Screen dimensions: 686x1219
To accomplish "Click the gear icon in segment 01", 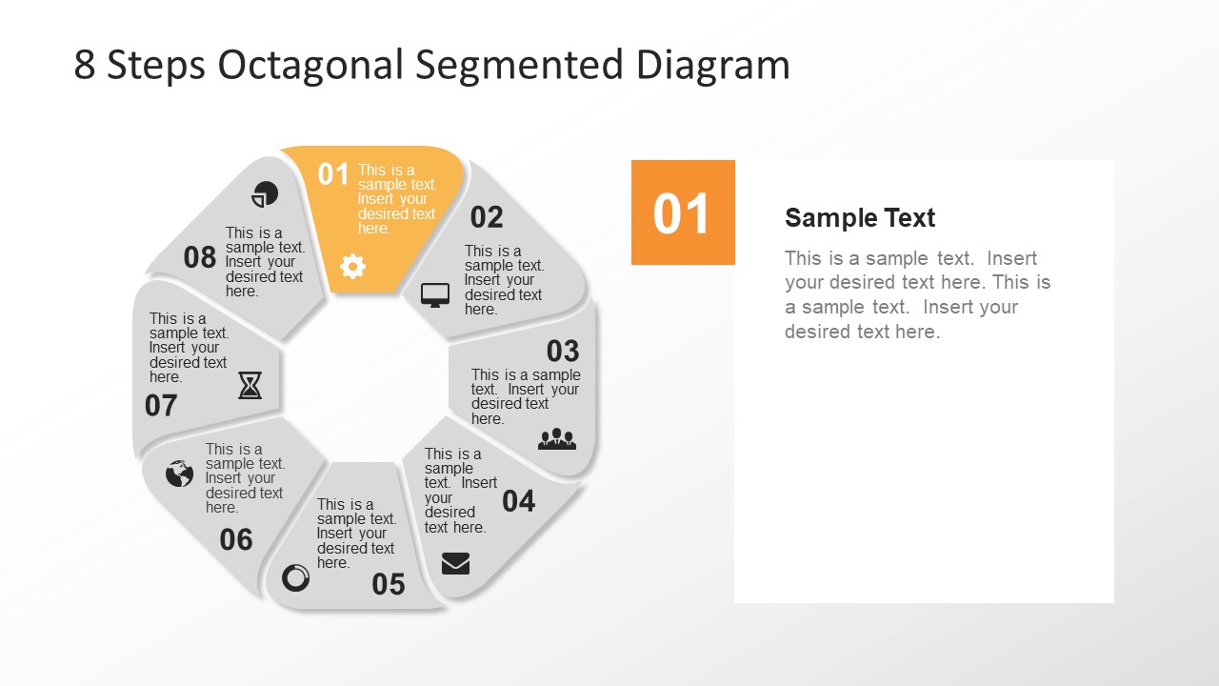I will [352, 267].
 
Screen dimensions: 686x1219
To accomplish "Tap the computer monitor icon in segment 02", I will [435, 295].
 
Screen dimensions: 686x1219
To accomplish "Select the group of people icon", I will [557, 438].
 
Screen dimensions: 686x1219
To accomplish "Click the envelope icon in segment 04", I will [455, 564].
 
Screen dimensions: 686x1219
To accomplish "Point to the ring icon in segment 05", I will [296, 577].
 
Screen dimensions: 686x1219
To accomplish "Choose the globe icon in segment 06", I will [179, 474].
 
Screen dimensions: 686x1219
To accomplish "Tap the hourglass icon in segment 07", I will [250, 386].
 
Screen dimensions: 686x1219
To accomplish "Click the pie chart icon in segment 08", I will [265, 194].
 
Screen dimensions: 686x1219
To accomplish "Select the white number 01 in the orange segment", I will [333, 174].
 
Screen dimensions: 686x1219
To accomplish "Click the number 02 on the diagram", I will [487, 217].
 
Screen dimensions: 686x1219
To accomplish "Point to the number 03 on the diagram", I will [563, 351].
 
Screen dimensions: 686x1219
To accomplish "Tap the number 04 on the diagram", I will [519, 500].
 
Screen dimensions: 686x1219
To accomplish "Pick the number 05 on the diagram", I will [389, 584].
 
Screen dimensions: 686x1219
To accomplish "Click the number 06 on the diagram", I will [236, 540].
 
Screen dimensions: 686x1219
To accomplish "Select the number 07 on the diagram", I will [161, 406].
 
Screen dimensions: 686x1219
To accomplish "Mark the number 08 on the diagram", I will [200, 257].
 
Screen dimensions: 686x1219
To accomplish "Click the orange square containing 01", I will [683, 212].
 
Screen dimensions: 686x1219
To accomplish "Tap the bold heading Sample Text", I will [860, 218].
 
